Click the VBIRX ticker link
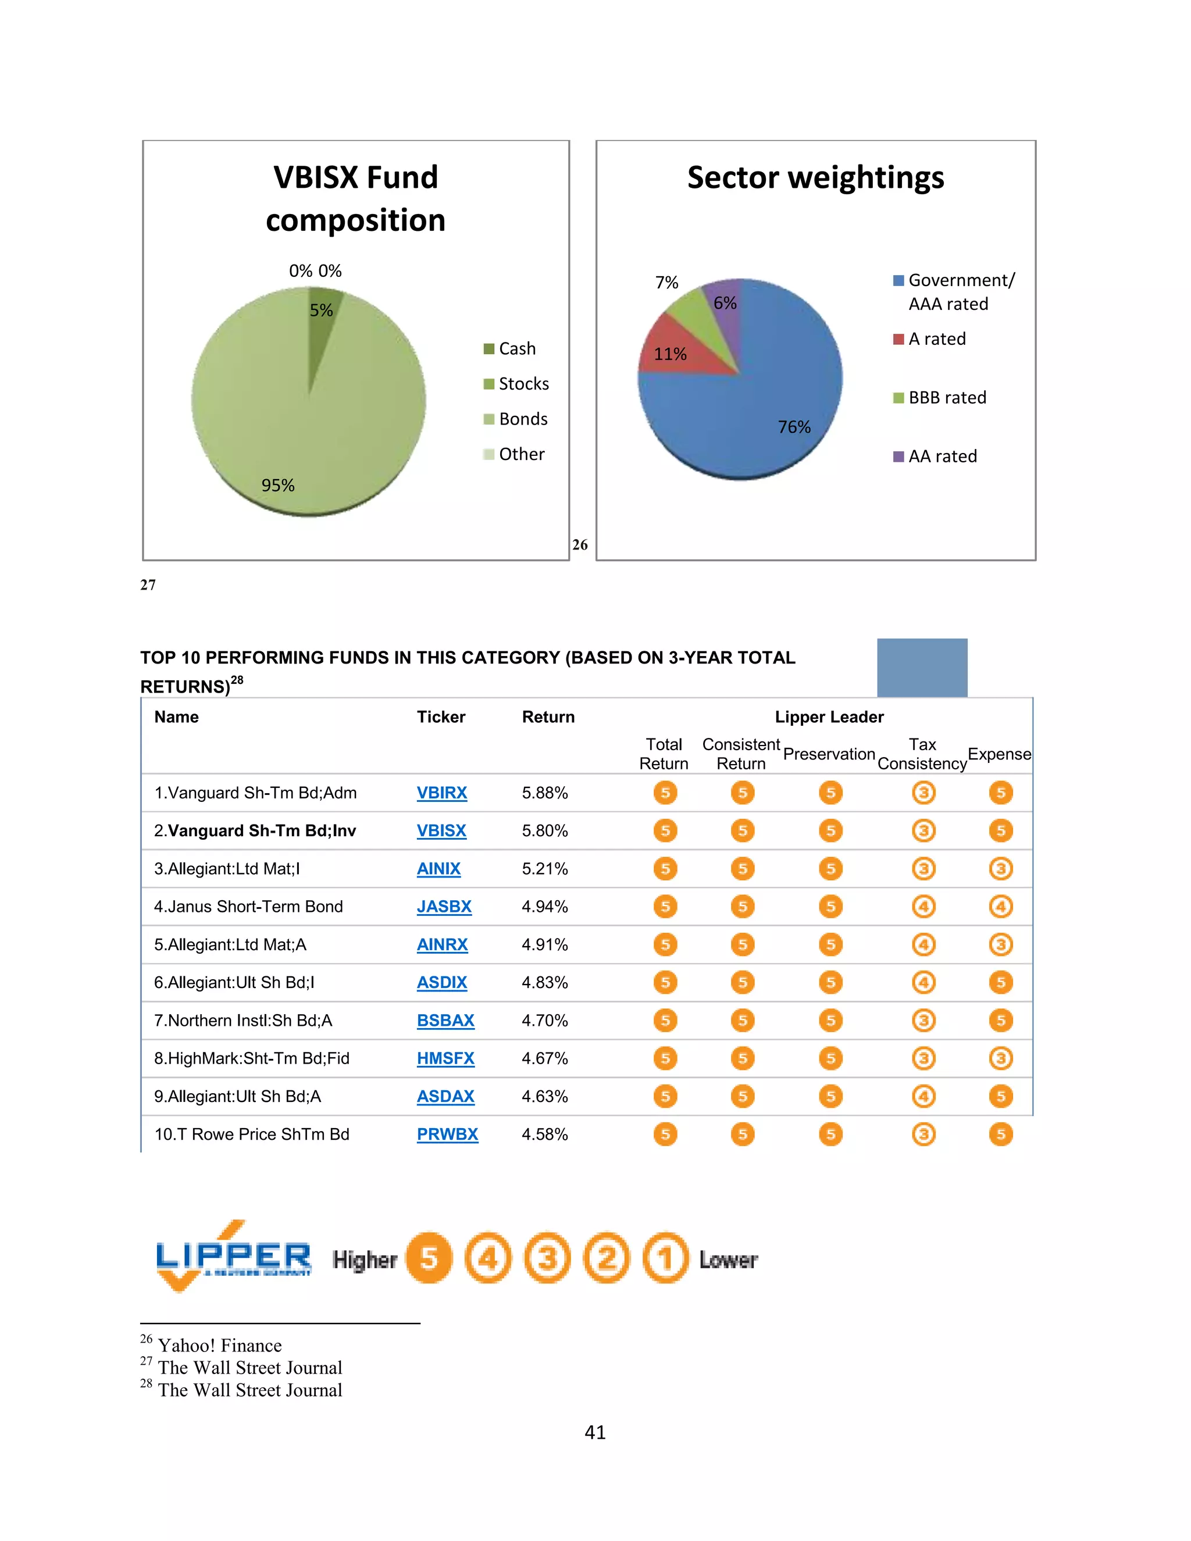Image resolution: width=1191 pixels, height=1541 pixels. [442, 793]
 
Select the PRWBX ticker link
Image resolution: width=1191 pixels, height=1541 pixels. [447, 1134]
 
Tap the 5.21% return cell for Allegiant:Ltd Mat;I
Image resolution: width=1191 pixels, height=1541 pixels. [545, 869]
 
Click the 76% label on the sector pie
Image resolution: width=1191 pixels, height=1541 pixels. [794, 427]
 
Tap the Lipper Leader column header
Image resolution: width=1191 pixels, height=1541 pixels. [829, 717]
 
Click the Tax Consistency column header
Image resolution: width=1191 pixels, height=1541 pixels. [922, 754]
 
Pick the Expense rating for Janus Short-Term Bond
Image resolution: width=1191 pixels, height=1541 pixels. [1000, 907]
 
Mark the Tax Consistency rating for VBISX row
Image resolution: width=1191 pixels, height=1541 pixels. [923, 830]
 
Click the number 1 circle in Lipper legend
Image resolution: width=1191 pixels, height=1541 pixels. [665, 1258]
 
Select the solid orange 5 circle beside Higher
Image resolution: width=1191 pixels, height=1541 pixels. [429, 1258]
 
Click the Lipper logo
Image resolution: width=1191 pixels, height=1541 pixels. [233, 1257]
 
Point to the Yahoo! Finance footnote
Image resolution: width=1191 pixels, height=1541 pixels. [219, 1346]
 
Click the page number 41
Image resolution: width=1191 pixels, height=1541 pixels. [595, 1432]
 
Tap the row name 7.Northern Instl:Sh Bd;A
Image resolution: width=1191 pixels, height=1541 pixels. [243, 1021]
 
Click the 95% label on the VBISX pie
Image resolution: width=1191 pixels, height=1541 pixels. [278, 486]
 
